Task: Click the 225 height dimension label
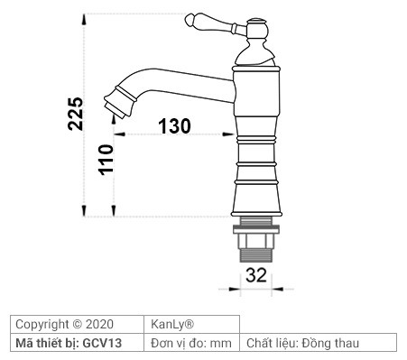(x=76, y=115)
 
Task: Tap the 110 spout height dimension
(x=106, y=160)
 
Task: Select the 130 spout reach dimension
(x=175, y=126)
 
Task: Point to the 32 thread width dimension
(x=256, y=277)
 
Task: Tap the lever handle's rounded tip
(x=191, y=19)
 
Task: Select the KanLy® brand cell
(x=192, y=324)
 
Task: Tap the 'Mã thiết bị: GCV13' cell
(x=78, y=343)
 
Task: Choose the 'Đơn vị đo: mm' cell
(x=192, y=343)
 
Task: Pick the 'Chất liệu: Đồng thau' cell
(x=318, y=343)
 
